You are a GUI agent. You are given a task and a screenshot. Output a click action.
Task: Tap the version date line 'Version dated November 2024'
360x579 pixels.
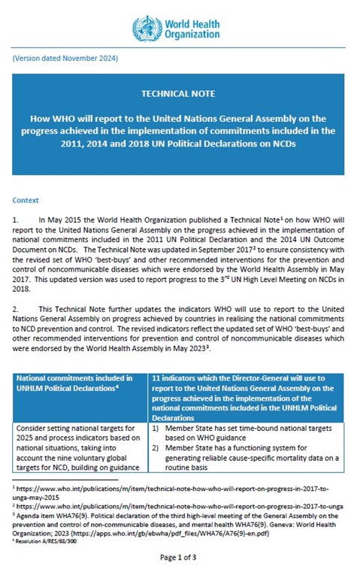click(x=65, y=58)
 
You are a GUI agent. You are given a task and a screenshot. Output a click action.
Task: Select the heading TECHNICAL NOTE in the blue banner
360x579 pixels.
click(x=178, y=93)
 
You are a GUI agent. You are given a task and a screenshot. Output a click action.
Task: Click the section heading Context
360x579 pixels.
click(x=26, y=201)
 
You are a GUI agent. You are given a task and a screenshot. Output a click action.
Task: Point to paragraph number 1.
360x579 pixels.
click(x=16, y=218)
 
